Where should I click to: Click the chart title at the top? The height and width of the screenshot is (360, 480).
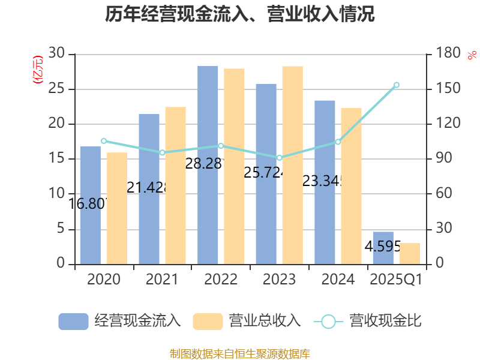[240, 14]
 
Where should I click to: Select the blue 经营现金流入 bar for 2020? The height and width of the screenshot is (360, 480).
[91, 205]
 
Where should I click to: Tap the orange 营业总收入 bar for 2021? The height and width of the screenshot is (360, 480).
[175, 185]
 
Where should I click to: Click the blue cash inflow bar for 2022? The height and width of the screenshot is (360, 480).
[208, 165]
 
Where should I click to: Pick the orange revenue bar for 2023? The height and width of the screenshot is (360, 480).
[292, 165]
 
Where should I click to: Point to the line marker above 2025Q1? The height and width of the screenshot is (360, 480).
[396, 85]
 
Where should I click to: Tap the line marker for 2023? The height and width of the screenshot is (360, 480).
[279, 158]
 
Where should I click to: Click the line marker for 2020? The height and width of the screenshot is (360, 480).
[103, 141]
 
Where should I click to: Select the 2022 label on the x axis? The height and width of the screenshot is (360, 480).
[221, 280]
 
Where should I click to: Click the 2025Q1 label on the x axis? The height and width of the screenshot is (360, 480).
[396, 280]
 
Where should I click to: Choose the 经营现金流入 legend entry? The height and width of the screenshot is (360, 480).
[120, 321]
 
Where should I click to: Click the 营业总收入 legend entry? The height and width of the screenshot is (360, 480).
[247, 321]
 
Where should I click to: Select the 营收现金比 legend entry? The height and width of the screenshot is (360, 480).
[367, 321]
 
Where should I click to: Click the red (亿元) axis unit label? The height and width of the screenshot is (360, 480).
[38, 69]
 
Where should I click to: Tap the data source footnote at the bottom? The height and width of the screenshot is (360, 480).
[240, 353]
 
